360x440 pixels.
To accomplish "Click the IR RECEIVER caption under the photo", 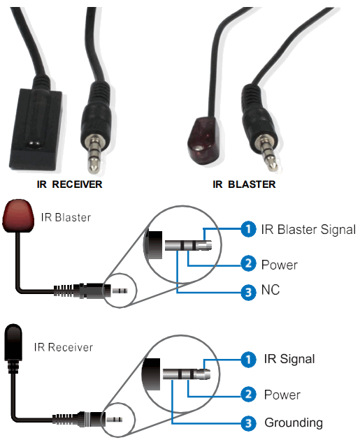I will tap(69, 184).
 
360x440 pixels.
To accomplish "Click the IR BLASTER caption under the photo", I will tap(245, 184).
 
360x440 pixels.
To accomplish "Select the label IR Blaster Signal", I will tap(308, 229).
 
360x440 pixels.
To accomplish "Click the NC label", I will tap(270, 290).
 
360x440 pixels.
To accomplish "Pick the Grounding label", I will tap(293, 423).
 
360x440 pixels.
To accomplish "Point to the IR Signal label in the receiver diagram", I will tap(288, 359).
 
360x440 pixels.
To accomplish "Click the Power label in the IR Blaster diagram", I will tap(279, 265).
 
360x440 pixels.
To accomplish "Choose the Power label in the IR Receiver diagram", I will tap(282, 395).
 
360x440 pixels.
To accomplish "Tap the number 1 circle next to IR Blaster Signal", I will tap(247, 229).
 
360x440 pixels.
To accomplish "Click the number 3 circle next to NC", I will tap(247, 291).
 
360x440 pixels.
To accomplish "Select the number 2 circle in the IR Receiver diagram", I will tap(247, 395).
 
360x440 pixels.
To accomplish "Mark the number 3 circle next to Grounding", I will tap(247, 423).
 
